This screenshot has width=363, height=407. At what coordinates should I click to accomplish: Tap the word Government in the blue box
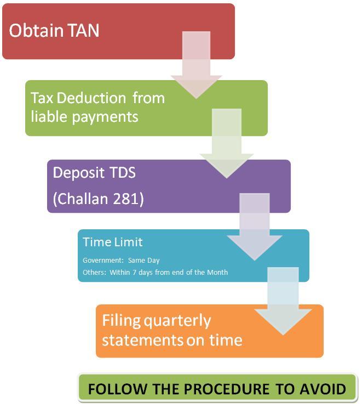point(101,261)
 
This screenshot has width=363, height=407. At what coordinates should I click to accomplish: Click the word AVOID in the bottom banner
point(323,389)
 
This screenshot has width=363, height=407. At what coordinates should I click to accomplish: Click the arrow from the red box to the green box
point(196,63)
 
